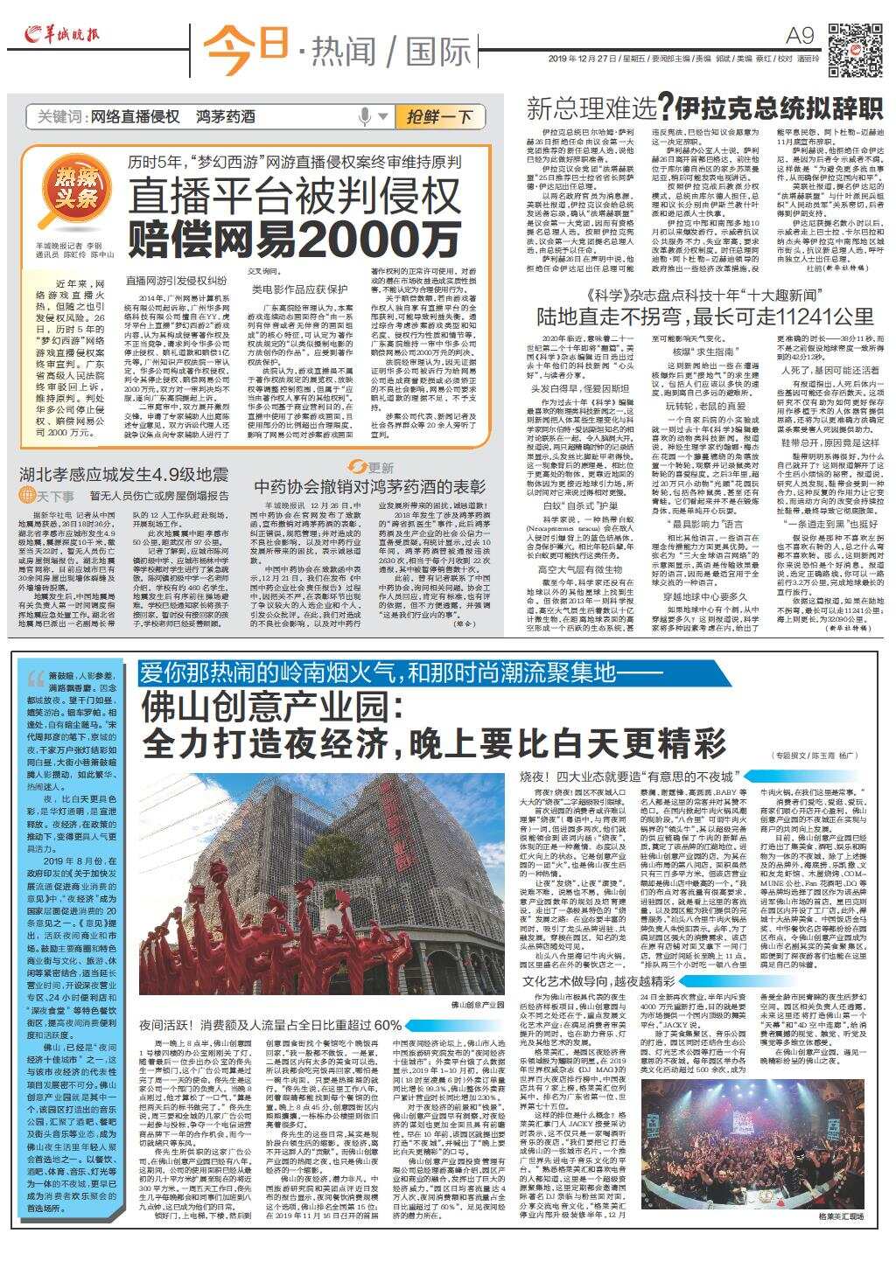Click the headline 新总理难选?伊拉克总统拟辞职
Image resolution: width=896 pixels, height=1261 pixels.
(703, 108)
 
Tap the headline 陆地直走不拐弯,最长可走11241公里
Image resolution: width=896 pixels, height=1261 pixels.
(704, 314)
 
